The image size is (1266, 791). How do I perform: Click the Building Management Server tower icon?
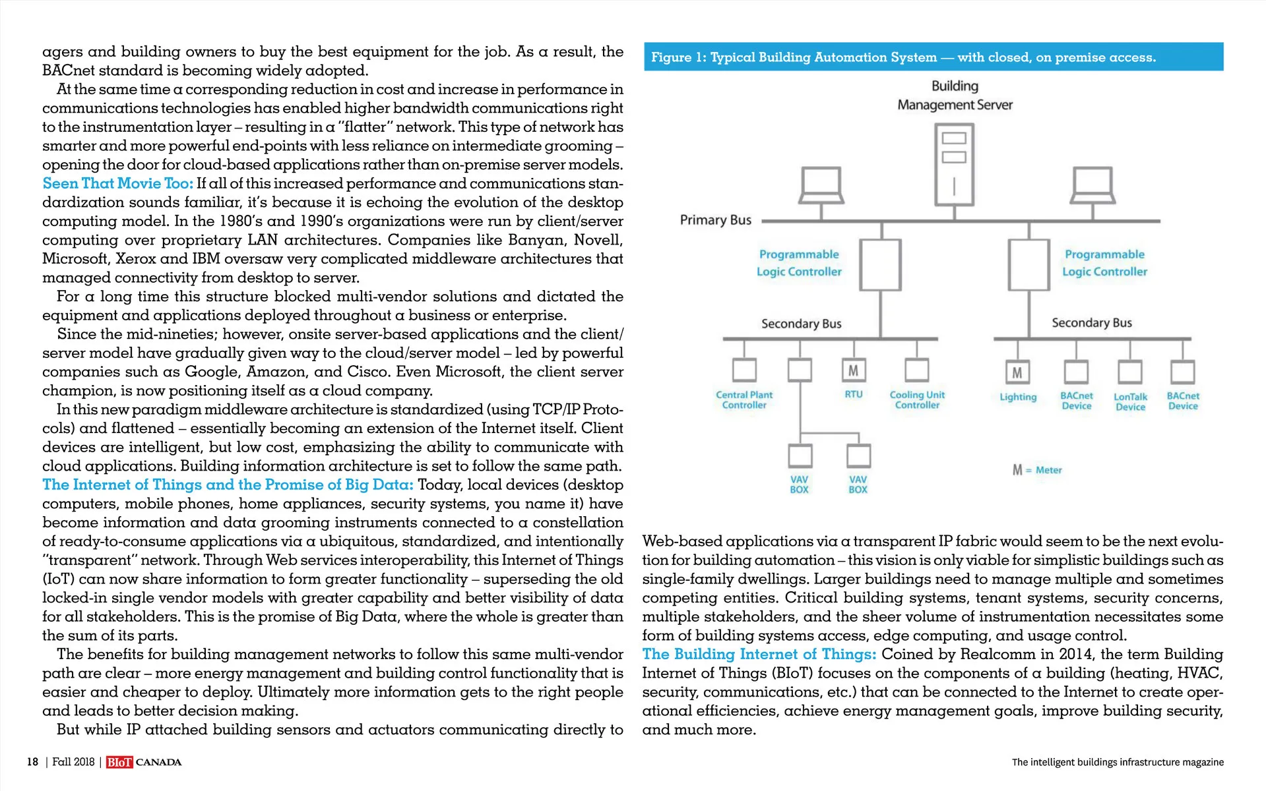[x=954, y=165]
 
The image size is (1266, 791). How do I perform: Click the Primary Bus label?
[x=715, y=220]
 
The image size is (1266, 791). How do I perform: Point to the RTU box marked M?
[x=853, y=370]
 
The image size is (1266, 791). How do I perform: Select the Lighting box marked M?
[x=1017, y=372]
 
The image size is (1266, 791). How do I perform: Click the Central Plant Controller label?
[x=744, y=400]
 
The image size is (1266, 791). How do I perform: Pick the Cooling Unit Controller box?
[x=916, y=370]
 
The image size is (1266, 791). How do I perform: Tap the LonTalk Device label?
[x=1130, y=401]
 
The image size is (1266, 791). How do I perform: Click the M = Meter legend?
[x=1037, y=470]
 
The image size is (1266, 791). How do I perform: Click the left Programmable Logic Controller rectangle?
[x=881, y=265]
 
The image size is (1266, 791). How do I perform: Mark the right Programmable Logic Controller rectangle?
[x=1029, y=265]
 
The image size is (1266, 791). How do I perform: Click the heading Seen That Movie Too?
[x=117, y=183]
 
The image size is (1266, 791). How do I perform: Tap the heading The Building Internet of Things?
[x=759, y=655]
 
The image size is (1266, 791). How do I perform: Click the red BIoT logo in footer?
[x=119, y=763]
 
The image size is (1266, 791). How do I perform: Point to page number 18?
[x=32, y=762]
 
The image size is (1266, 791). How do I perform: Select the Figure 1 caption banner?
[x=933, y=57]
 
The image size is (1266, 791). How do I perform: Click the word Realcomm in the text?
[x=998, y=655]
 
